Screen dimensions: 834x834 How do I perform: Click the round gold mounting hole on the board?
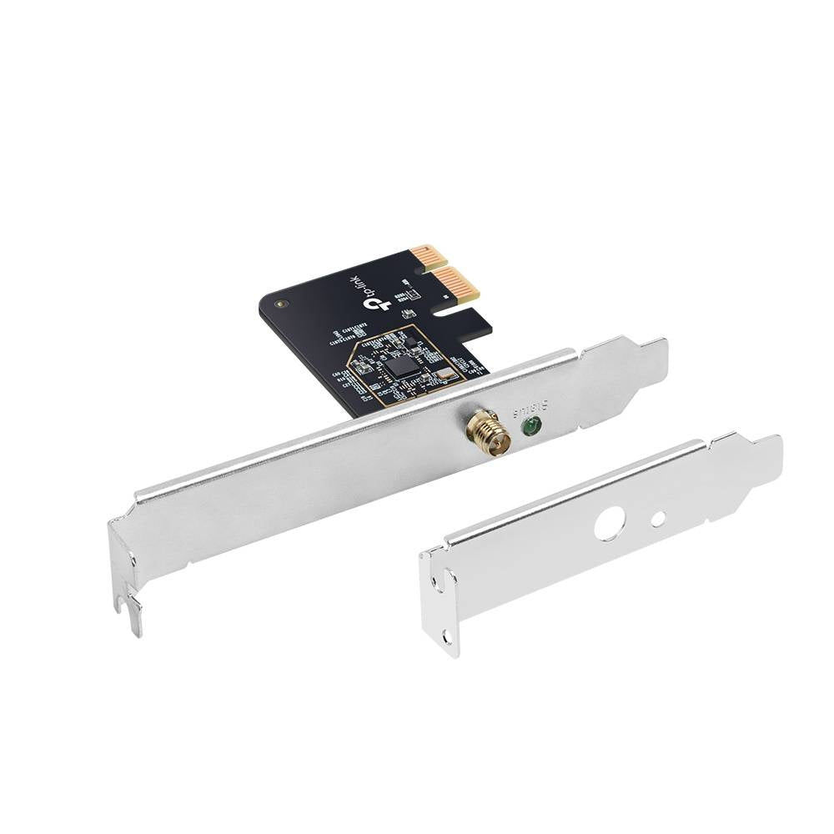tap(281, 304)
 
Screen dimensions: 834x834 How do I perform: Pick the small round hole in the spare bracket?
tap(658, 519)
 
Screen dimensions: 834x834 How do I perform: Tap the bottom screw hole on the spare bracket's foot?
tap(447, 637)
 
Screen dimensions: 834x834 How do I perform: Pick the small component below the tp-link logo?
tap(409, 313)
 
